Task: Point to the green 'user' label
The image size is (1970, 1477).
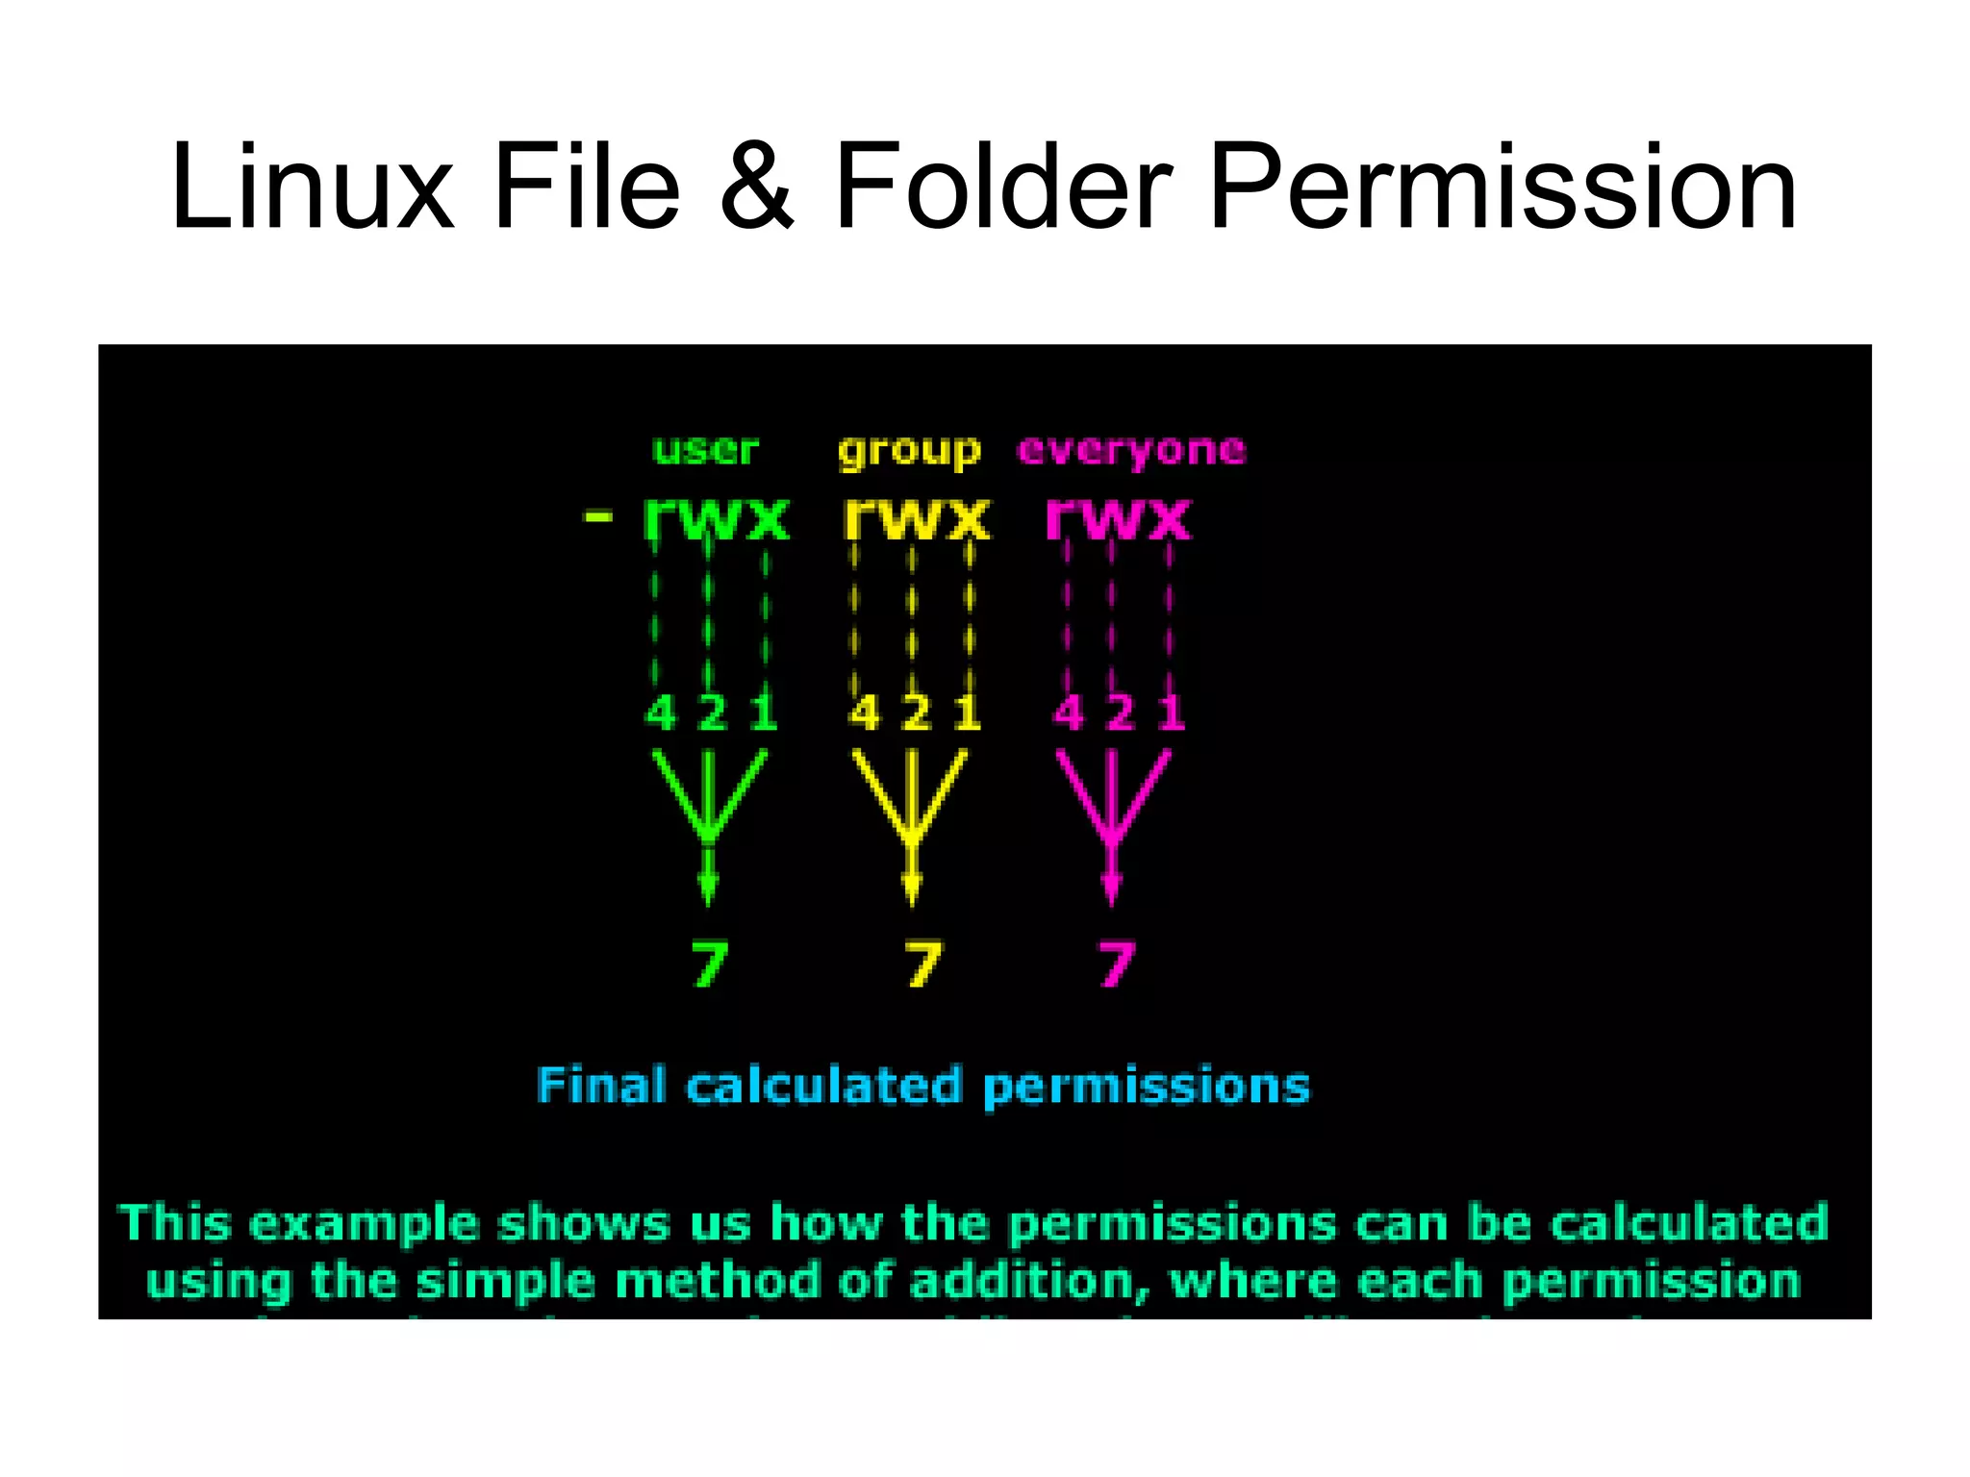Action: coord(706,449)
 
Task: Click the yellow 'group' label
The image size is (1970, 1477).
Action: coord(909,451)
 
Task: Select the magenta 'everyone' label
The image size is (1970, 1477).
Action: coord(1131,451)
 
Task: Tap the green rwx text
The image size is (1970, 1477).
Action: coord(717,519)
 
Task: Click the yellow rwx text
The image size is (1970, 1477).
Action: coord(916,519)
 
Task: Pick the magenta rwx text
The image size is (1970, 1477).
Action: coord(1118,519)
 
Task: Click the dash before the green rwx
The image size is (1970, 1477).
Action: coord(598,517)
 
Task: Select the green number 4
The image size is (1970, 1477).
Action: coord(661,713)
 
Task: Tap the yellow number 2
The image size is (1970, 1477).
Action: coord(916,713)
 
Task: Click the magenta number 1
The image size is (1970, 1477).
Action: coord(1171,713)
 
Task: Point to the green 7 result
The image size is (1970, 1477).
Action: coord(710,964)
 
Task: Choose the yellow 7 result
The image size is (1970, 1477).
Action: coord(923,964)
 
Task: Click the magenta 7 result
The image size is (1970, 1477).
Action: coord(1117,964)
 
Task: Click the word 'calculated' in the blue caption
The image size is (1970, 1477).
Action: coord(823,1087)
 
